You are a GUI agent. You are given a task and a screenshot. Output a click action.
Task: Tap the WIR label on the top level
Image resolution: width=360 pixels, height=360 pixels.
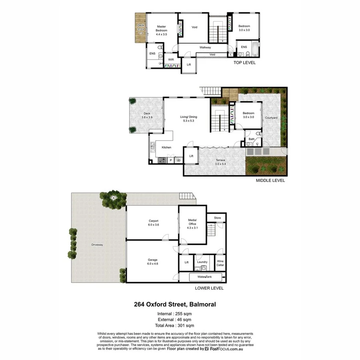(x=171, y=59)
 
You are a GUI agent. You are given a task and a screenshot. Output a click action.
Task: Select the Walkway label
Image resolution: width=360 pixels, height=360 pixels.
(x=205, y=48)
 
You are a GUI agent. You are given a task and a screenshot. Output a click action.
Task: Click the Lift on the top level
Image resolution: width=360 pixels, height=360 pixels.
(x=189, y=64)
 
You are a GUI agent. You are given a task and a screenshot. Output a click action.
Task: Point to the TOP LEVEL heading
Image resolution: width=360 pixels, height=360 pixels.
(x=244, y=63)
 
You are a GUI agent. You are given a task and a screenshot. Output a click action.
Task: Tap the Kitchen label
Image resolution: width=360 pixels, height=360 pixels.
(x=166, y=148)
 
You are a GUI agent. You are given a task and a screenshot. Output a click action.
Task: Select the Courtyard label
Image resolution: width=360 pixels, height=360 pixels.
(x=271, y=118)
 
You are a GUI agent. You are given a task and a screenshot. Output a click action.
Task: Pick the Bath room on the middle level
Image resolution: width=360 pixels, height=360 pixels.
(x=252, y=140)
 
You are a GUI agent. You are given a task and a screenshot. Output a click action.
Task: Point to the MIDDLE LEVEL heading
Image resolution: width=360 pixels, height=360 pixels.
(x=270, y=181)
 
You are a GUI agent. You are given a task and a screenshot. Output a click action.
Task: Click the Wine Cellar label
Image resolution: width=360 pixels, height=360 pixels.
(x=220, y=263)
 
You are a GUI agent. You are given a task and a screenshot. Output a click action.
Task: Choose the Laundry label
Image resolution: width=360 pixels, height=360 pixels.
(x=202, y=262)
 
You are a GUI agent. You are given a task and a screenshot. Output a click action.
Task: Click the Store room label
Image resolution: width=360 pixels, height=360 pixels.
(x=217, y=218)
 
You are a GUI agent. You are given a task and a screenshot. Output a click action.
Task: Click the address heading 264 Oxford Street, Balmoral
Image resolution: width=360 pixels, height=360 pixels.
(x=175, y=304)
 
